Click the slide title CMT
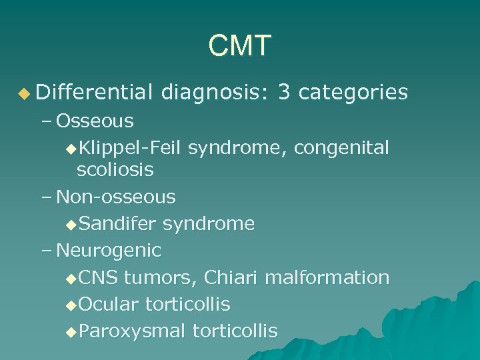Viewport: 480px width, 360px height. point(240,46)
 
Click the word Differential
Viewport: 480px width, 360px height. point(95,93)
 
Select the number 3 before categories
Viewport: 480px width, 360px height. point(284,93)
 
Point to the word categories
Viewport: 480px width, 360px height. point(353,93)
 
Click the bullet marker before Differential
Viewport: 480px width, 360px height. point(25,93)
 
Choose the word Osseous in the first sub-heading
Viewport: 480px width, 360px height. point(95,121)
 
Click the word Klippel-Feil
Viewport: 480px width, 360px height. point(130,147)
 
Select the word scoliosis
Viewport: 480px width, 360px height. point(115,170)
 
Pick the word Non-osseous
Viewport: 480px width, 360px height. point(116,197)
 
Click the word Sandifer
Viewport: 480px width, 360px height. point(117,223)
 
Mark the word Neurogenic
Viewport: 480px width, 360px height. point(109,251)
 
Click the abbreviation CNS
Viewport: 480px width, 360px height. point(97,277)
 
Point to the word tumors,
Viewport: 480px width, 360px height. point(161,277)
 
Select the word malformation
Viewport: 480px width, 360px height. point(327,277)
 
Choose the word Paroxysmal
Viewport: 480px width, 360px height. point(132,331)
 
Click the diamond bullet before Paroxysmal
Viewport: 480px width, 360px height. point(72,331)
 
